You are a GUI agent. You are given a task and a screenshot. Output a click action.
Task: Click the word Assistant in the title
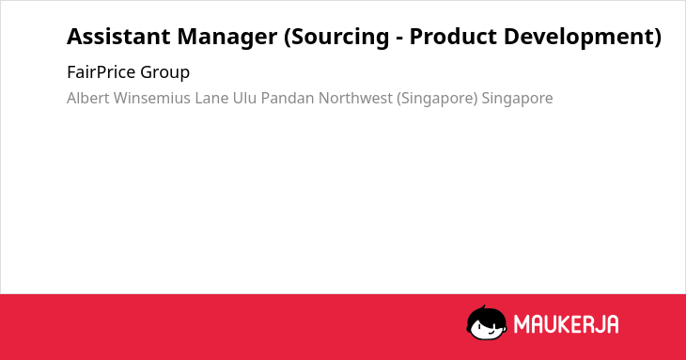119,37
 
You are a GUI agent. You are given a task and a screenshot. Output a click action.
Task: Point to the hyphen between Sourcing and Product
399,39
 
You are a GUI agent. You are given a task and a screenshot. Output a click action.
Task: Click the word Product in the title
453,37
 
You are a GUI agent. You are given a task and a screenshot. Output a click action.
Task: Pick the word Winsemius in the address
152,98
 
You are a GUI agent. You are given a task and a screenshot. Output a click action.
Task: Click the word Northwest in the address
355,98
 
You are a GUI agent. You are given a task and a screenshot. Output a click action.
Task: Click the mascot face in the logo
487,323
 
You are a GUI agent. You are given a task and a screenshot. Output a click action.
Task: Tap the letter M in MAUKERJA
522,324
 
